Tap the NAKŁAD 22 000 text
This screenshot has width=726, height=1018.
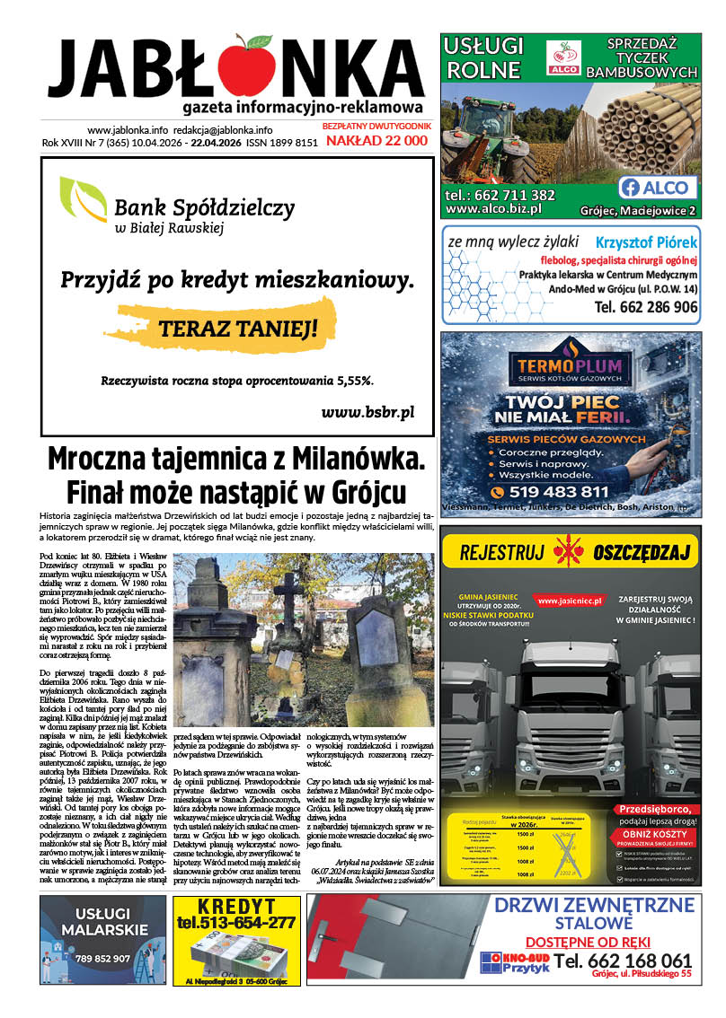click(376, 141)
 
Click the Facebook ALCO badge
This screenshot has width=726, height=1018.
click(657, 187)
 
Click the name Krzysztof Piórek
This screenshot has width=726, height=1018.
click(646, 242)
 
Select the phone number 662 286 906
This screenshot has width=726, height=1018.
click(645, 307)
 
